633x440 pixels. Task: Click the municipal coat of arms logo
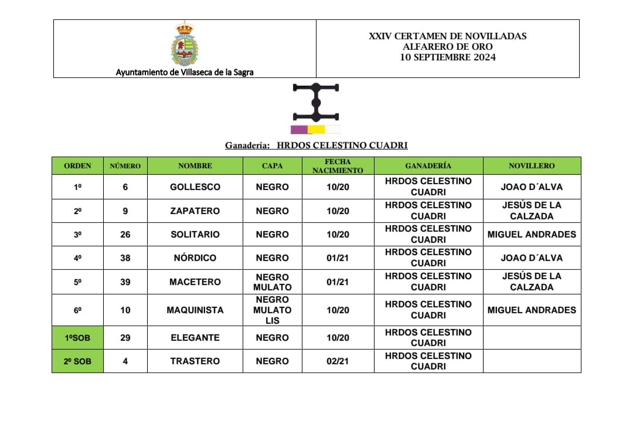tap(185, 44)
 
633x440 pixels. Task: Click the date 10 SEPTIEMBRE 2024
tap(448, 57)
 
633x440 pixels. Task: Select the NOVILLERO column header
tap(532, 166)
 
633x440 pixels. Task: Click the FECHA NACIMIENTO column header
tap(338, 166)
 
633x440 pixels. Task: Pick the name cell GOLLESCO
tap(195, 187)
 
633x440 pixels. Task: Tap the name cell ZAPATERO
tap(195, 211)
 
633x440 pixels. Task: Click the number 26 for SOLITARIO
tap(125, 235)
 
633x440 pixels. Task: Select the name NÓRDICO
tap(195, 258)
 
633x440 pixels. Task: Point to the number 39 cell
tap(125, 282)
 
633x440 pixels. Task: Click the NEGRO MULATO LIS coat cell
tap(272, 310)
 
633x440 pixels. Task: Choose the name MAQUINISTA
tap(195, 310)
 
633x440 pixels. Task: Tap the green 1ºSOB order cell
tap(77, 338)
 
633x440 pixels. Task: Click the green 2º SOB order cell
tap(77, 361)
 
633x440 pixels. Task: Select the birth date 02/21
tap(338, 361)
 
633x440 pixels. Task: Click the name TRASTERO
tap(195, 361)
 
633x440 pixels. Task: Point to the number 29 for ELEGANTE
tap(125, 338)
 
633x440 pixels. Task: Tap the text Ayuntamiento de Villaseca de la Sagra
tap(185, 73)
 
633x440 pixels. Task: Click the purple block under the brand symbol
tap(298, 130)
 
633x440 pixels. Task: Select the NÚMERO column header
tap(125, 166)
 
